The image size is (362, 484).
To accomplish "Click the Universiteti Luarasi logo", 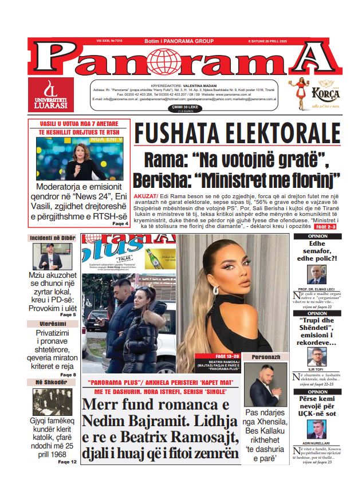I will (51, 95).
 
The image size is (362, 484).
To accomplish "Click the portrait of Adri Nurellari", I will (317, 428).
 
